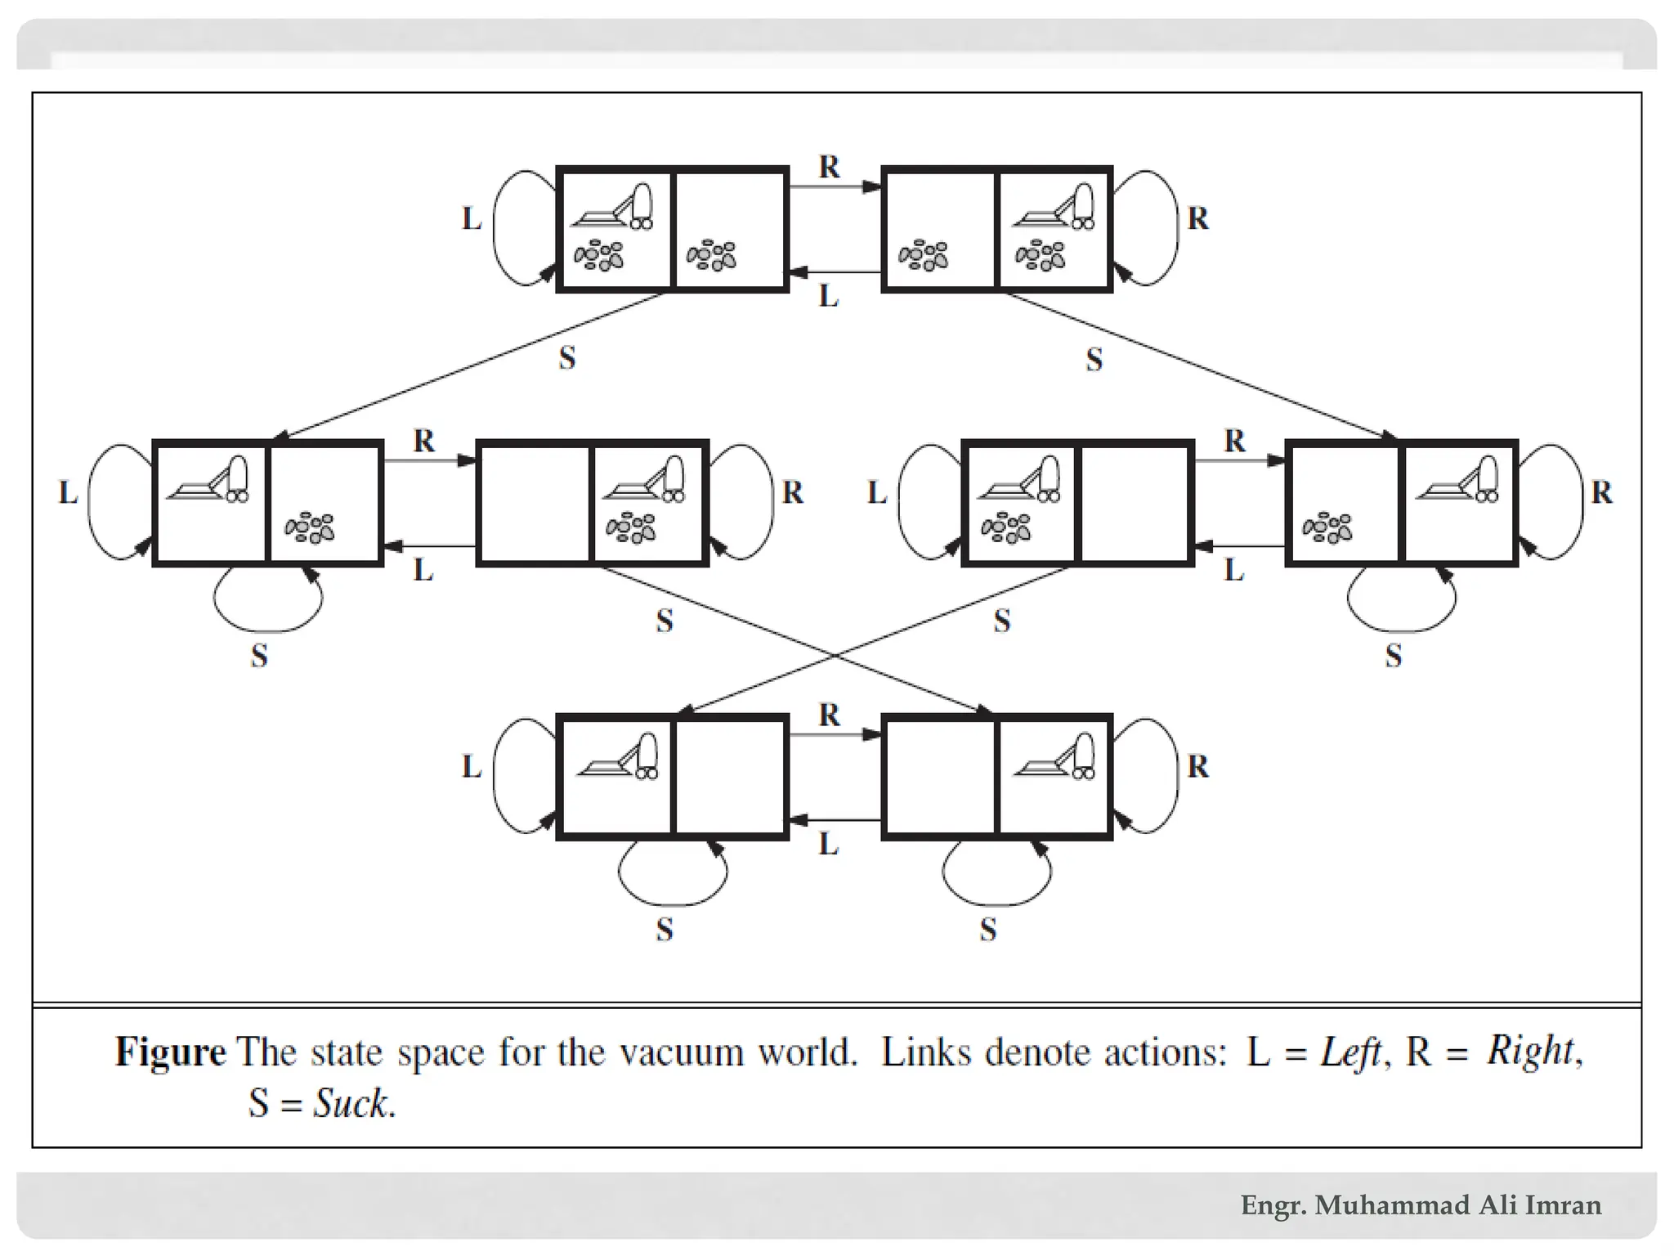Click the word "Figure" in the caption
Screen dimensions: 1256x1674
click(x=170, y=1052)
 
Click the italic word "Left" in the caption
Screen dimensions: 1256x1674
click(x=1349, y=1052)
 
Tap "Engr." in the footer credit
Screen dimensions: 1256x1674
click(x=1273, y=1205)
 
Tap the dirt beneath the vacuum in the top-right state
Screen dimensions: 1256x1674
click(x=1041, y=255)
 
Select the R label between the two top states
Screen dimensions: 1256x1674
click(x=829, y=168)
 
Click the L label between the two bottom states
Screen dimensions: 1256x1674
click(x=829, y=844)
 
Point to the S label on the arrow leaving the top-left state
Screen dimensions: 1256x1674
click(x=567, y=358)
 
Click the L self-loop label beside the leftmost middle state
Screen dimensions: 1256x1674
click(x=68, y=493)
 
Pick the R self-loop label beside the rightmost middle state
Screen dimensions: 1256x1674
click(x=1601, y=493)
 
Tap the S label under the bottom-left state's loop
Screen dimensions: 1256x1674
click(x=665, y=930)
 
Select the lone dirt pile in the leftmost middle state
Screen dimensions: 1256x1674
click(x=310, y=528)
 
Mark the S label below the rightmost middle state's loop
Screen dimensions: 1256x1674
click(x=1394, y=656)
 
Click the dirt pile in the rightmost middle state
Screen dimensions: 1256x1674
click(x=1327, y=528)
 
